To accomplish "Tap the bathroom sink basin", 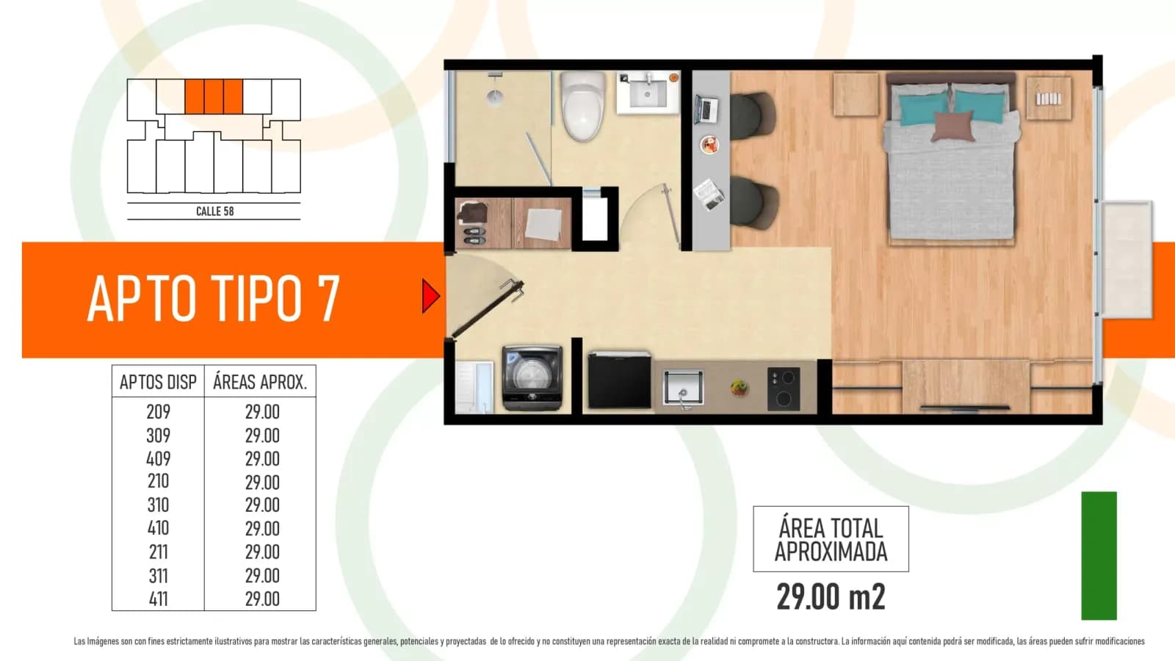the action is pos(648,93).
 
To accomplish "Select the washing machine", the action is pos(532,377).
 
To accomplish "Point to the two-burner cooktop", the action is pos(784,389).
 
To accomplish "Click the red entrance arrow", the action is pos(430,296).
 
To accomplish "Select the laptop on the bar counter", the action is pos(706,109).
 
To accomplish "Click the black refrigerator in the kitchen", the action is pos(619,380).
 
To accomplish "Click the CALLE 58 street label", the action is pos(214,212).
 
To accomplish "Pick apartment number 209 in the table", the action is pos(158,412).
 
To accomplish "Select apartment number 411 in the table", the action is pos(158,599).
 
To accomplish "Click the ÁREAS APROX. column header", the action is pos(260,382).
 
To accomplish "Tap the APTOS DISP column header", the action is pos(158,383).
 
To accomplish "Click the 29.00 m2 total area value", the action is pos(831,596).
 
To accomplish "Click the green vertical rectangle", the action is pos(1099,555).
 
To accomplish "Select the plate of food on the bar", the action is pos(709,144).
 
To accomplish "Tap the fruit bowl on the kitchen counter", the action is pos(740,388).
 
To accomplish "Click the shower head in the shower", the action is pos(495,97).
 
